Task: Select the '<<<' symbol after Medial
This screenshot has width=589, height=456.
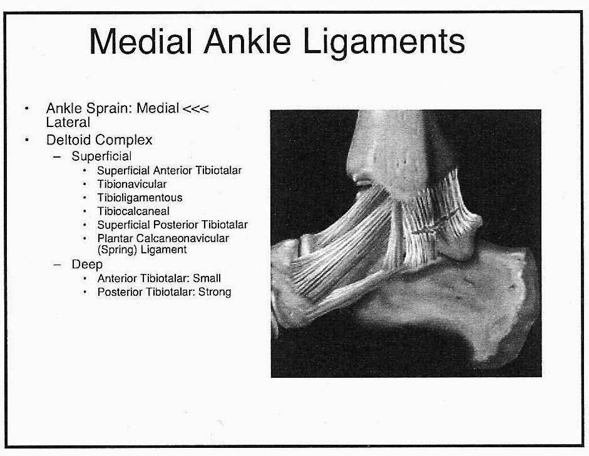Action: click(195, 109)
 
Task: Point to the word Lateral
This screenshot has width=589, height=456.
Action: click(68, 123)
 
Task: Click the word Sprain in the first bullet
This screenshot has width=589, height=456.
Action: click(105, 109)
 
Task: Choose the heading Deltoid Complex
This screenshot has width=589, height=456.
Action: click(99, 139)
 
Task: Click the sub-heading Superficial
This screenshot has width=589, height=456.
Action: click(101, 156)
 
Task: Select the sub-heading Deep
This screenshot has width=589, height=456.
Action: click(86, 265)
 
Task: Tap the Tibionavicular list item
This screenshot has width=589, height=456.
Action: click(132, 184)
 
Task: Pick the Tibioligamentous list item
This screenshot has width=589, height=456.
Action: click(140, 198)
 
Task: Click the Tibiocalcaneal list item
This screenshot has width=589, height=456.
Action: click(133, 211)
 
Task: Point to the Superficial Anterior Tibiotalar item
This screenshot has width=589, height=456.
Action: click(169, 170)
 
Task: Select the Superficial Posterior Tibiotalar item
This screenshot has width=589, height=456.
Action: click(172, 225)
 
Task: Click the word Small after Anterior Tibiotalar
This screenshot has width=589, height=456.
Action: click(207, 278)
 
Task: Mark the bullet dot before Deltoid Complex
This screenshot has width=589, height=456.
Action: click(26, 139)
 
